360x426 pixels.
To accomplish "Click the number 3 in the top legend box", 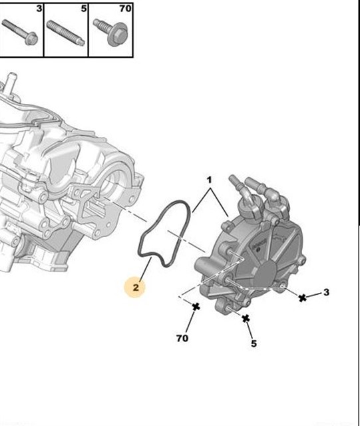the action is [39, 9].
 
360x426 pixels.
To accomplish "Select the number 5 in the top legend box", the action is [84, 9].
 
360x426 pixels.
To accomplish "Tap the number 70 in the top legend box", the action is [125, 9].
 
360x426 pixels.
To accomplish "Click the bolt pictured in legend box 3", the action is [19, 32].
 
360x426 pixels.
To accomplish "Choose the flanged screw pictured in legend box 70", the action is [110, 32].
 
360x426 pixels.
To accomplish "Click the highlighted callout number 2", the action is [136, 287].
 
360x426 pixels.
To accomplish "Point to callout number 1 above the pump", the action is [209, 180].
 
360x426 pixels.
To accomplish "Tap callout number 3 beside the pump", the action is [326, 292].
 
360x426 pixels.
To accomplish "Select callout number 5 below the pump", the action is [254, 343].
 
